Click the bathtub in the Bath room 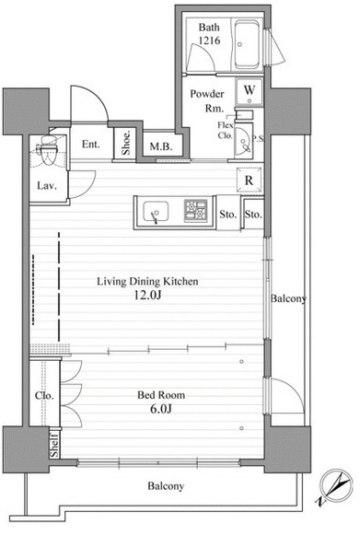coord(247,44)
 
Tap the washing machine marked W coord(250,92)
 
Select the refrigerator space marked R coord(250,180)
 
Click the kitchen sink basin coord(156,212)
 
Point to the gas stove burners coord(196,211)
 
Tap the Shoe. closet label coord(126,143)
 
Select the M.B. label coord(161,147)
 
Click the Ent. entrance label coord(91,145)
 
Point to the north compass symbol coord(334,486)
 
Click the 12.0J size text coord(147,295)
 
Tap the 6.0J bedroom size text coord(161,409)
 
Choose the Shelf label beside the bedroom coord(54,445)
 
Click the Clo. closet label coord(44,396)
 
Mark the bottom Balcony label coord(166,486)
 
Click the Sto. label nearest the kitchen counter coord(228,215)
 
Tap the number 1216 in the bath coord(210,41)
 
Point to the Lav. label coord(47,186)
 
